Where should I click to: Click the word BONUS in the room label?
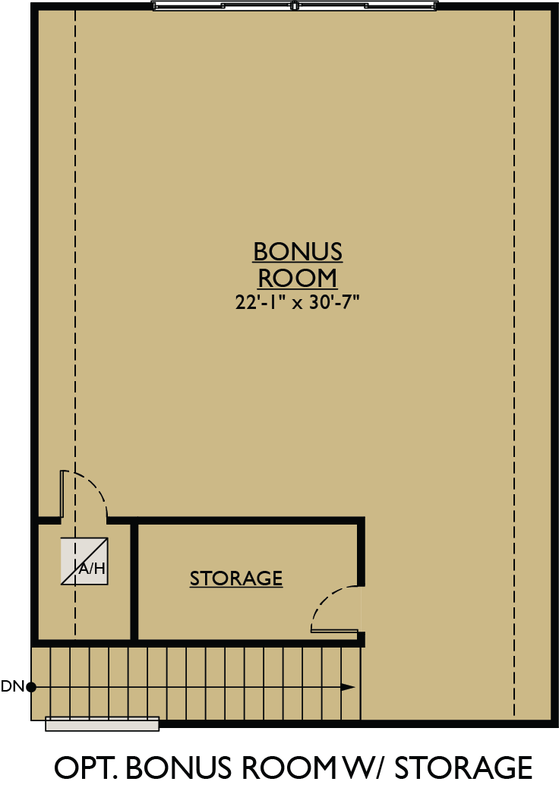[x=298, y=251]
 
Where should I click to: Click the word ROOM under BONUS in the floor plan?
[x=298, y=277]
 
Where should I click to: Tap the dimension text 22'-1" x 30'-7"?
[x=297, y=302]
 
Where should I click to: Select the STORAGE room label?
[x=236, y=578]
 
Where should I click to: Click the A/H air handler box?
[x=84, y=562]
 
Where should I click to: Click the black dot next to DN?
[x=31, y=688]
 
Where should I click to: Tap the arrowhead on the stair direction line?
[x=347, y=687]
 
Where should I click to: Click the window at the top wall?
[x=295, y=6]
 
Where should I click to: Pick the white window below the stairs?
[x=103, y=724]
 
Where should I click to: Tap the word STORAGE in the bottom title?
[x=464, y=768]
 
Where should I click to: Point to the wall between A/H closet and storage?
[x=134, y=581]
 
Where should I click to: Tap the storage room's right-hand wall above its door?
[x=361, y=550]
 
